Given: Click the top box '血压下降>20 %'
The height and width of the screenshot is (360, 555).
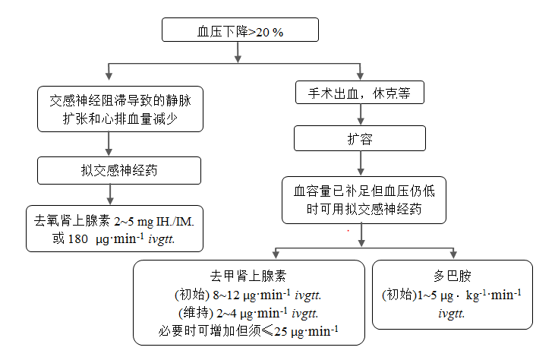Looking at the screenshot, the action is click(x=240, y=30).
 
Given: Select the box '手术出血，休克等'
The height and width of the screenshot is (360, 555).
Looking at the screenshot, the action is click(x=360, y=93).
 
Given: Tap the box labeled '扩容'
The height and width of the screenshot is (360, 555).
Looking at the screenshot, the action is click(x=360, y=138).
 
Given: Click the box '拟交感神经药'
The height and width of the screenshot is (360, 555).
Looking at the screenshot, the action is click(x=119, y=170).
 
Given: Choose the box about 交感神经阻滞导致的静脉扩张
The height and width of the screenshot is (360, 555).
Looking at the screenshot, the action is click(x=120, y=109).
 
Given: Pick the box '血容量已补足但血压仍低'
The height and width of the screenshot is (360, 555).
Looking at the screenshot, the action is click(x=364, y=200).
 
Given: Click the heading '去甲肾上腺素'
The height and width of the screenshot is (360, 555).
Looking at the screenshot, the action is click(x=248, y=276).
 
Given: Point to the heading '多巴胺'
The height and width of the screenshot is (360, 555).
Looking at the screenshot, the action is click(x=453, y=276).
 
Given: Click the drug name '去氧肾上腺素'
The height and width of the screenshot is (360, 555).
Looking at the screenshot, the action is click(x=72, y=221).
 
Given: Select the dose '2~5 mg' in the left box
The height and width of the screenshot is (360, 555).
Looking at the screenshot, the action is click(x=134, y=222).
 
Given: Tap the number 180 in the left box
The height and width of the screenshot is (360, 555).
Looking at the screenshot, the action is click(x=77, y=239).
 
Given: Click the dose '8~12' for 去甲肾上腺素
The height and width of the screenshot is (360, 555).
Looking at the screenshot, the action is click(x=226, y=295).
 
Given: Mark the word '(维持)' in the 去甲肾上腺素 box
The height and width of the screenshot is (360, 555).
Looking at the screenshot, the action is click(x=196, y=313).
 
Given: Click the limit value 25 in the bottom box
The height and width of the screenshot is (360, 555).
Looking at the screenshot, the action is click(x=281, y=331).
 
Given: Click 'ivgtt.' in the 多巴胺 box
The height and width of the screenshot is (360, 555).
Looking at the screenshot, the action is click(x=451, y=314).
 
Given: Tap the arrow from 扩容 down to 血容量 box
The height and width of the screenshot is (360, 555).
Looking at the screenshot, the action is click(x=361, y=163).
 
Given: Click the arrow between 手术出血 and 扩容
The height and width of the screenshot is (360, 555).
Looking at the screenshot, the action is click(x=361, y=115).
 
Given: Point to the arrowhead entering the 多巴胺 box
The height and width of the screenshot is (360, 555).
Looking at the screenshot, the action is click(x=453, y=254).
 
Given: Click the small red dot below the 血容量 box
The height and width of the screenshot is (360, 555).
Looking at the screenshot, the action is click(x=348, y=231).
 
